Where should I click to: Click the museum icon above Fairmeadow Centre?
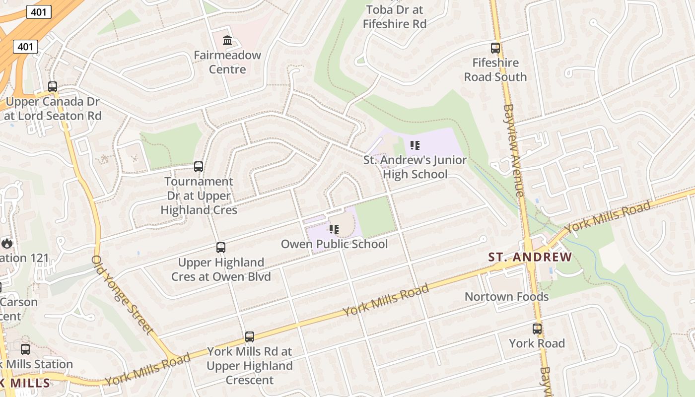pos(227,40)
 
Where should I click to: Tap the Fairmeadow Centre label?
pos(227,62)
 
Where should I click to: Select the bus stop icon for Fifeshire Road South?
pos(495,48)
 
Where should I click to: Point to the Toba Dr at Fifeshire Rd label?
pos(395,16)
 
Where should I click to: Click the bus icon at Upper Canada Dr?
pos(53,86)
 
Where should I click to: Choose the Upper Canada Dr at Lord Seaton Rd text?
pos(53,109)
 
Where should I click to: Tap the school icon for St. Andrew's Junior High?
pos(415,145)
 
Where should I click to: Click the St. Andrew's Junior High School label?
pos(415,167)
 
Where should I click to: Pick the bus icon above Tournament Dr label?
pos(199,167)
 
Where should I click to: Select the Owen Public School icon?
pos(334,229)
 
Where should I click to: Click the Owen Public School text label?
pos(334,244)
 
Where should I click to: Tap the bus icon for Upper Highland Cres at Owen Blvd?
pos(221,247)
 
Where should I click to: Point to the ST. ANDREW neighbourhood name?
pos(530,257)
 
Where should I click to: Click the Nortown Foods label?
pos(506,297)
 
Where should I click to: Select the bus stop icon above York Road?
pos(537,329)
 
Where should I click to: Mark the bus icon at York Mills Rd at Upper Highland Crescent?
pos(250,337)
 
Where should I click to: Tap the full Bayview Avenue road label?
pos(514,150)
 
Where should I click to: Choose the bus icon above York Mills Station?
pos(25,349)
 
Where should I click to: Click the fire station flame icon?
pos(6,243)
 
